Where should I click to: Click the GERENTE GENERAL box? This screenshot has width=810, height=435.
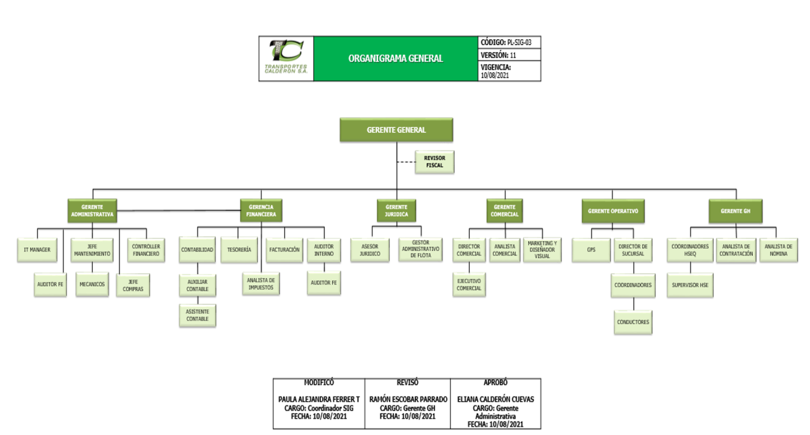coord(396,130)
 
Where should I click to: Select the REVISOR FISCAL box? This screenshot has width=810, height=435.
coord(434,162)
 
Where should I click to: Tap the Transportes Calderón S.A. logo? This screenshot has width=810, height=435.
coord(286,58)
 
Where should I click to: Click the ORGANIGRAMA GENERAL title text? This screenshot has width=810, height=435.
coord(396,58)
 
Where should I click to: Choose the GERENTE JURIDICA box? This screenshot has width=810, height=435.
coord(396,210)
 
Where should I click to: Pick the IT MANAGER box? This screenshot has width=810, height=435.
coord(36,250)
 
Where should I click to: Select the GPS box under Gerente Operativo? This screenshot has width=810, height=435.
coord(590,250)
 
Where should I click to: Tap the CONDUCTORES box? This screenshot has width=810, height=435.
coord(633,322)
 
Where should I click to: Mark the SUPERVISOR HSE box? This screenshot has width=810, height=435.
coord(690,285)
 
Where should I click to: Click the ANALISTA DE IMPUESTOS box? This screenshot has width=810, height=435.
coord(261,284)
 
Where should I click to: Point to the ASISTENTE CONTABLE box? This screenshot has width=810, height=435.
coord(198,315)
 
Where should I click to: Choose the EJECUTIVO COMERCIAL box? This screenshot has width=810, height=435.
coord(469,285)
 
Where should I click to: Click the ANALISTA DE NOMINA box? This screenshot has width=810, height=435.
coord(779,250)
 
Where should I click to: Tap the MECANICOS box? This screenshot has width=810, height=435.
coord(92,285)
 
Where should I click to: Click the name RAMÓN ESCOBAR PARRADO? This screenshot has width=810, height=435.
coord(408,399)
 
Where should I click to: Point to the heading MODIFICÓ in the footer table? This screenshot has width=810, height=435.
coord(319,383)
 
